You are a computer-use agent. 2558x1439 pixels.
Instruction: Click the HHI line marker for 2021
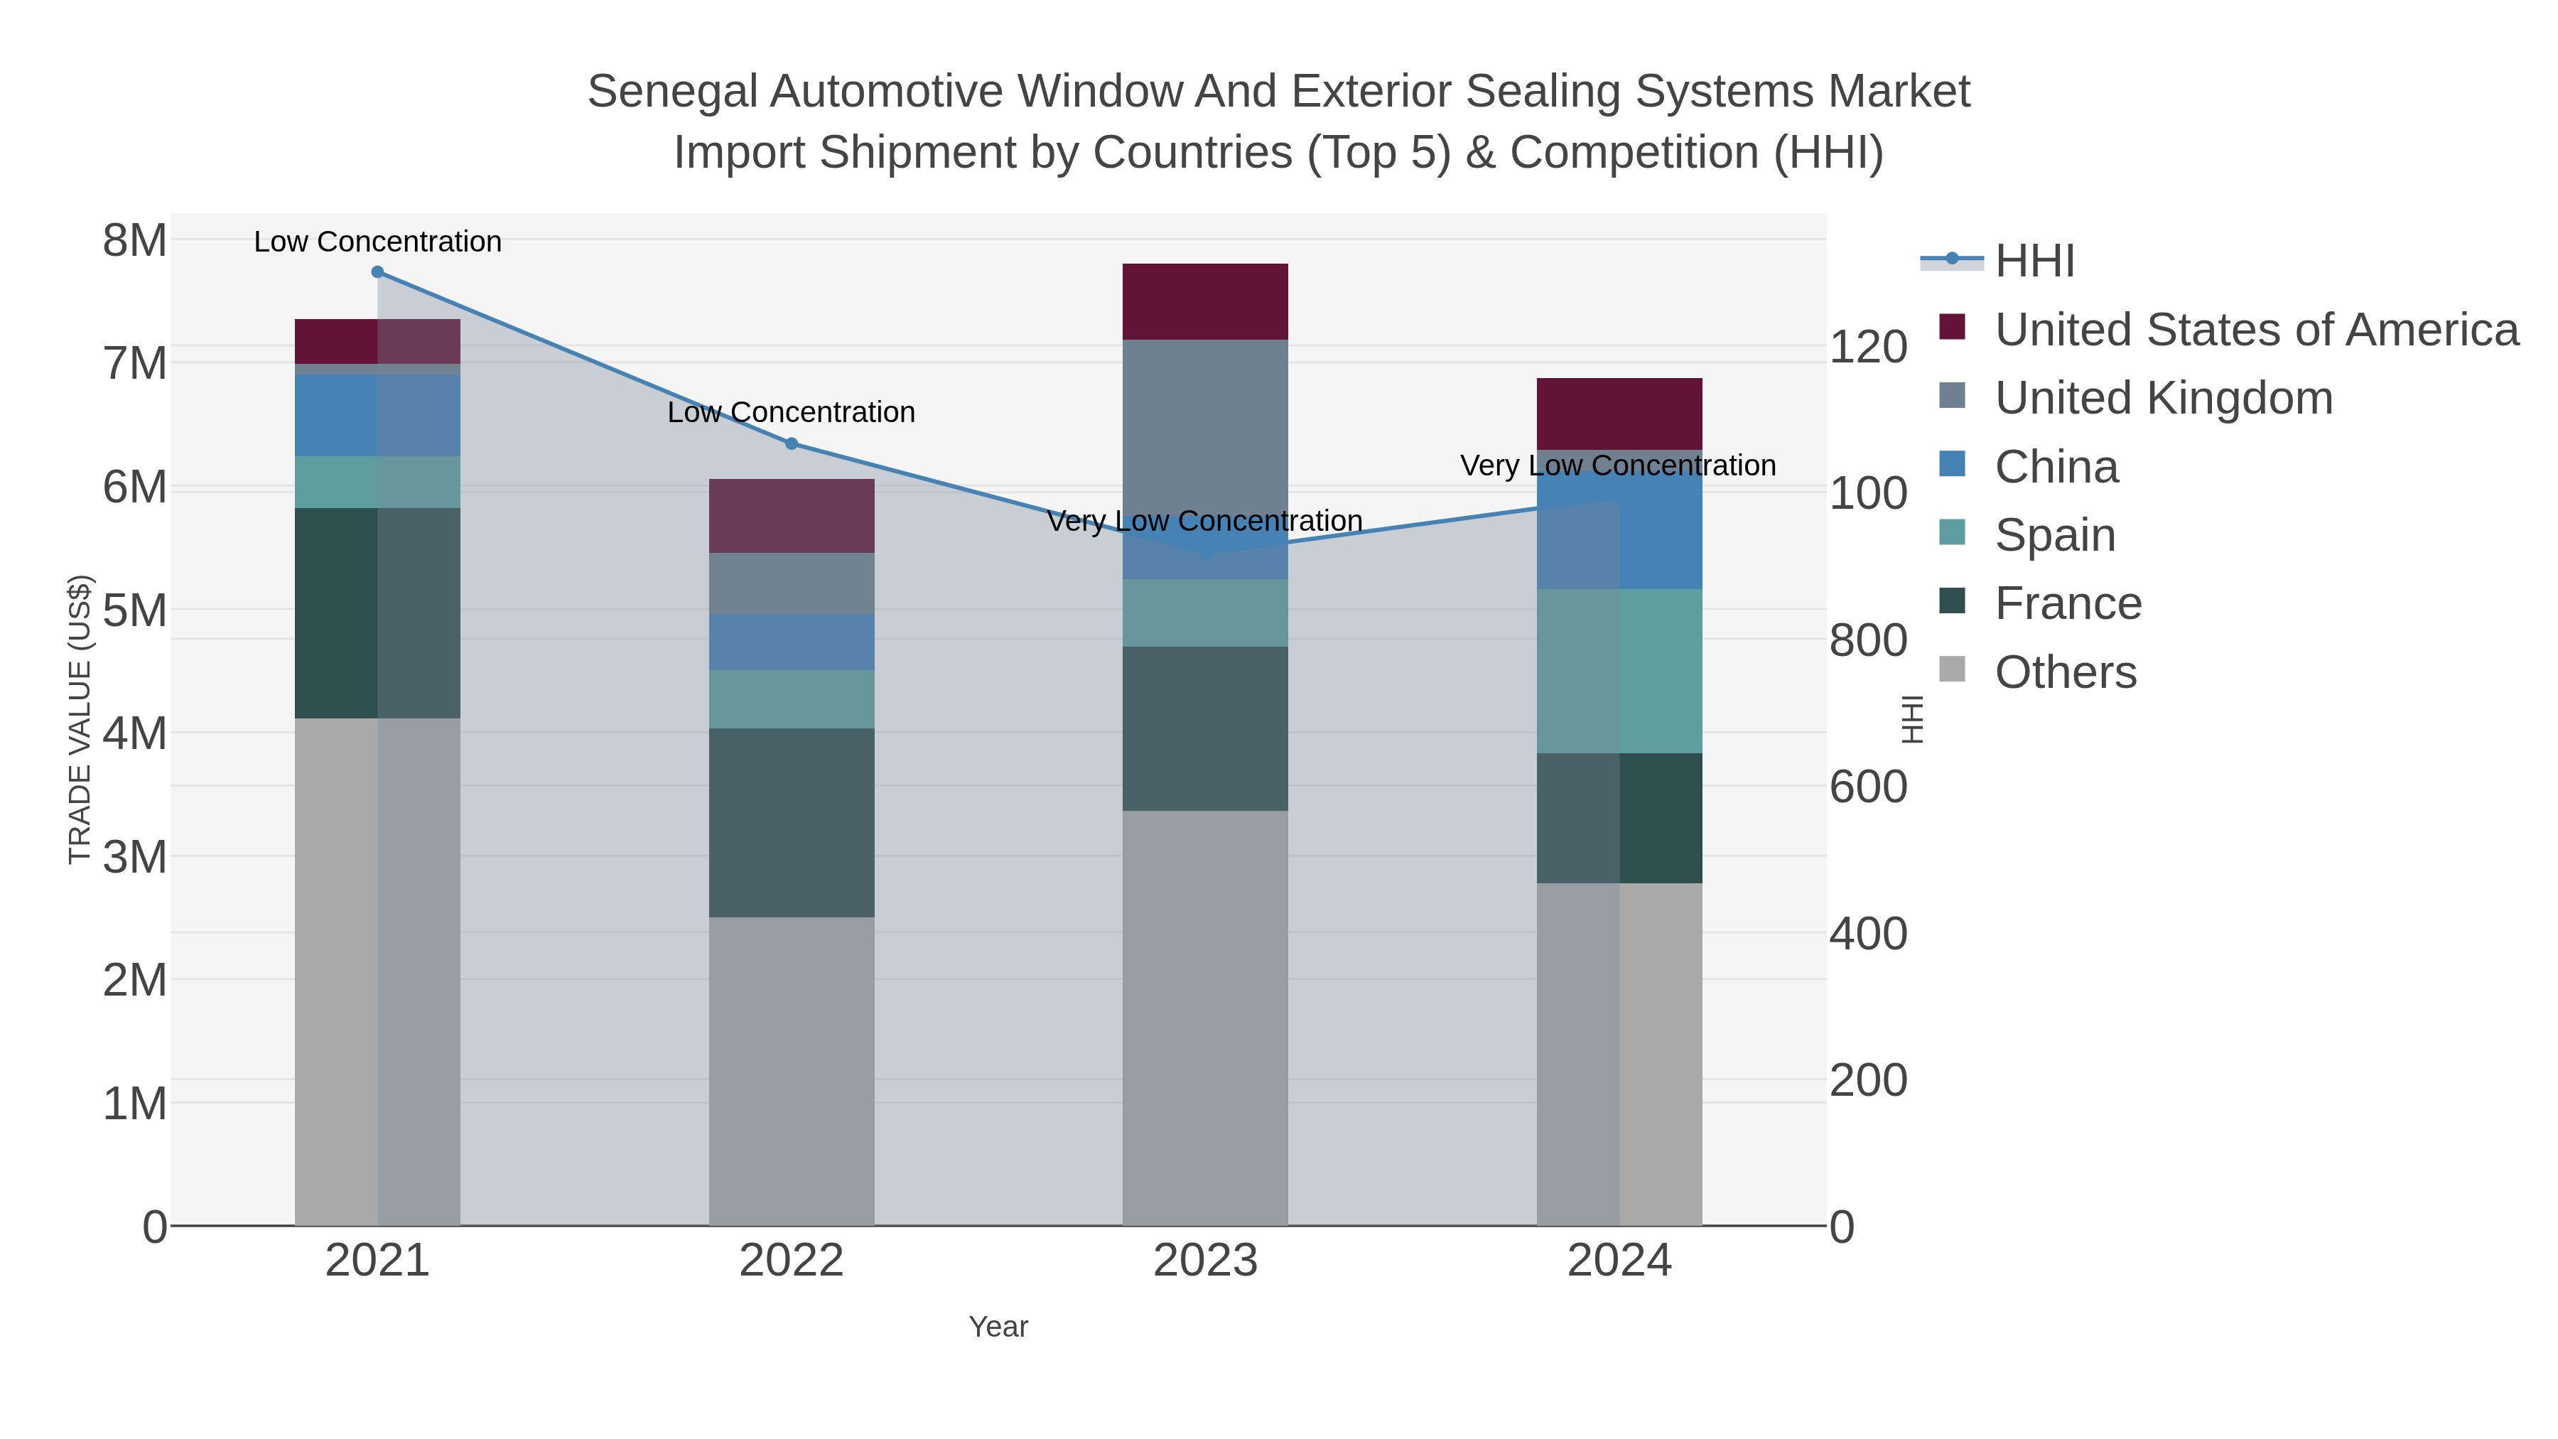(377, 272)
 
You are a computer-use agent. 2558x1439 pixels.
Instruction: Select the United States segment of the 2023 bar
(1204, 302)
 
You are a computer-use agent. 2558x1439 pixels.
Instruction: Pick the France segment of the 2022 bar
(792, 822)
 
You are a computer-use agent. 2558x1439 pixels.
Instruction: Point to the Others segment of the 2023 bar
(1204, 1018)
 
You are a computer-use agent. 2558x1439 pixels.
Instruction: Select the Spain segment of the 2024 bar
(1619, 672)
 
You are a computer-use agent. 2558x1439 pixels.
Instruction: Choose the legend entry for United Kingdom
(2163, 398)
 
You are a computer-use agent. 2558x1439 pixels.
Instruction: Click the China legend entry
(2056, 467)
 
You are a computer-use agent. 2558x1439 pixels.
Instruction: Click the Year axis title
(998, 1327)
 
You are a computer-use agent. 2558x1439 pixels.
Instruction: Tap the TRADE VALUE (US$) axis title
(80, 720)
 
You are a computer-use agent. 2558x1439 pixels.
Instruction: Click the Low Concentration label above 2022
(792, 412)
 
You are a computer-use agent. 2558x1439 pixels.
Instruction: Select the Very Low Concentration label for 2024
(1618, 465)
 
